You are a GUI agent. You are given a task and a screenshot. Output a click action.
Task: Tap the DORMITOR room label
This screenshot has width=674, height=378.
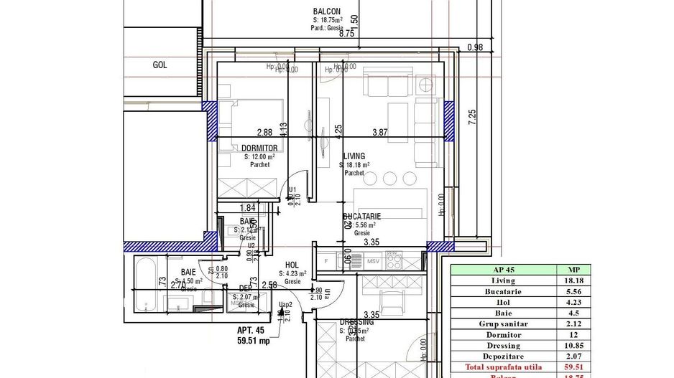[x=259, y=148]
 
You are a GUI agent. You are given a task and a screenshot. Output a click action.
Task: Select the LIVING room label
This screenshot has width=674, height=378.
[x=354, y=156]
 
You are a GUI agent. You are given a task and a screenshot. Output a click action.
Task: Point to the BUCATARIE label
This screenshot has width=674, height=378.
[x=362, y=216]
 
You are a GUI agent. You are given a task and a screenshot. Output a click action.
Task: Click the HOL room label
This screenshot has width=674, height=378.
[x=292, y=265]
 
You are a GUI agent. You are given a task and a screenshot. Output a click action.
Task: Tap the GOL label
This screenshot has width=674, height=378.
[x=160, y=65]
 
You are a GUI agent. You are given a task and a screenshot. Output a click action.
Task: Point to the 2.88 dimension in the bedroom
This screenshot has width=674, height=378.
[x=264, y=133]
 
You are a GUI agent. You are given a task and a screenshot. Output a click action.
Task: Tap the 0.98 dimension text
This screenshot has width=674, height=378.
[x=474, y=48]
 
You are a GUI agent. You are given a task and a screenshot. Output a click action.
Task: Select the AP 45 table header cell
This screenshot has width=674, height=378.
[x=504, y=270]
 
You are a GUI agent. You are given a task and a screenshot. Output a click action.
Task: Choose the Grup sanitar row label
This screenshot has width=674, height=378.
[x=504, y=323]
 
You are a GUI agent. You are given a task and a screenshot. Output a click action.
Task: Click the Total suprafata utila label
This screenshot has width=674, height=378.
[x=504, y=367]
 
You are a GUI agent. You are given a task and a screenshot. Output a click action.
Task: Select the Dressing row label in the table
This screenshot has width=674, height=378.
[x=504, y=345]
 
